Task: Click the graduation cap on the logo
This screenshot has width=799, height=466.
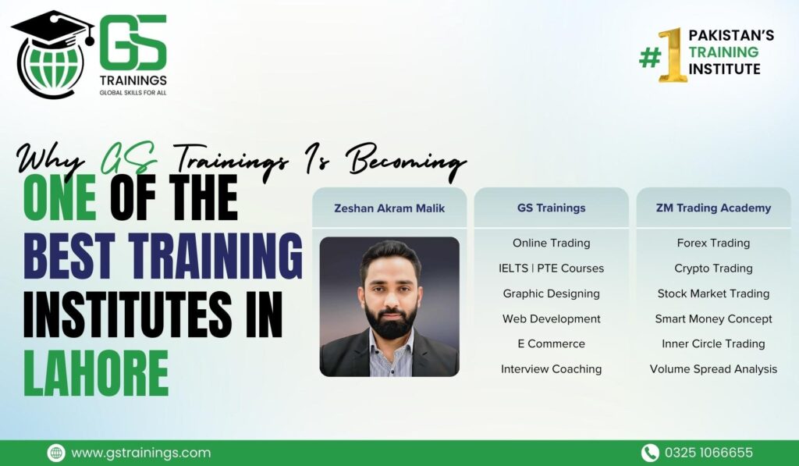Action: pyautogui.click(x=53, y=30)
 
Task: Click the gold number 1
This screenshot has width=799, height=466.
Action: pyautogui.click(x=672, y=55)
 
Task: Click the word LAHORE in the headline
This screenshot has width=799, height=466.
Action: pyautogui.click(x=96, y=373)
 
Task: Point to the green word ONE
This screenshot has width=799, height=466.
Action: pyautogui.click(x=59, y=197)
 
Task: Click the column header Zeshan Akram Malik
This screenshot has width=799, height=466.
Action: pyautogui.click(x=389, y=208)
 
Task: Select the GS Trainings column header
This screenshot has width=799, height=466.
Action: pyautogui.click(x=552, y=208)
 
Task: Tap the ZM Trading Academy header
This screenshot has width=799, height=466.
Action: pyautogui.click(x=713, y=208)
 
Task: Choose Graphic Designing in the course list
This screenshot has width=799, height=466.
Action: pyautogui.click(x=552, y=293)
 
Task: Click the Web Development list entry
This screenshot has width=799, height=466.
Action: pyautogui.click(x=552, y=318)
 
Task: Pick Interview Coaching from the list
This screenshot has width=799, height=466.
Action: pyautogui.click(x=552, y=369)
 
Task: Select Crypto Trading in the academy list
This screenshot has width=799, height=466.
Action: pyautogui.click(x=713, y=269)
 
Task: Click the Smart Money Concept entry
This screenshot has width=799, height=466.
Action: pyautogui.click(x=713, y=319)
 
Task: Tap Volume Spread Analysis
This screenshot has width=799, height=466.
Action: pyautogui.click(x=713, y=369)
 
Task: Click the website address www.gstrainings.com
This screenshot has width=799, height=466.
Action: pyautogui.click(x=140, y=453)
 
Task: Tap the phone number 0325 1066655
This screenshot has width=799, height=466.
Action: pyautogui.click(x=708, y=453)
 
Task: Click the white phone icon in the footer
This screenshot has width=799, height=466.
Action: pyautogui.click(x=650, y=453)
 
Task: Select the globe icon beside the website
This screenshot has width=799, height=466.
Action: pyautogui.click(x=56, y=453)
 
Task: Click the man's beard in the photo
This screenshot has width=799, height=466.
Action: pyautogui.click(x=390, y=320)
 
